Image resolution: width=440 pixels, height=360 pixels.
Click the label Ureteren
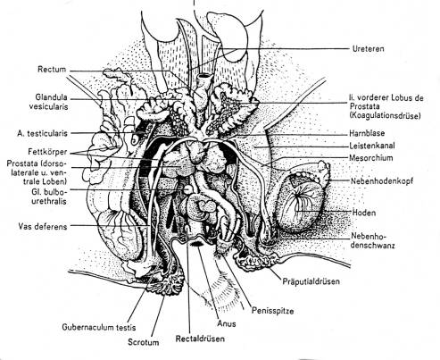point(368,48)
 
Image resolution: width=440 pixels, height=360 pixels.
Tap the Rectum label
point(52,70)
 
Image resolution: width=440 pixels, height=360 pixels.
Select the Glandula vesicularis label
point(48,102)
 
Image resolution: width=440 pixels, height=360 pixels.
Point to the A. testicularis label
point(42,133)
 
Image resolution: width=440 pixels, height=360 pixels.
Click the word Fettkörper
point(47,152)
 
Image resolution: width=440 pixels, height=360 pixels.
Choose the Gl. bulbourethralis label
point(49,197)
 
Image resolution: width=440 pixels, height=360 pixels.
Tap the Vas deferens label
point(43,226)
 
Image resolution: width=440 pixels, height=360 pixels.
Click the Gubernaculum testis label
point(99,327)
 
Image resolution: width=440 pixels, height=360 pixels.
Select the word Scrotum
point(144,342)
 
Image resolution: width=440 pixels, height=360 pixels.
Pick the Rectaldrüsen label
point(200,339)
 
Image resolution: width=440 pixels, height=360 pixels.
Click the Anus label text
point(227,323)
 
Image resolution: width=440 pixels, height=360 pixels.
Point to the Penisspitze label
point(273,311)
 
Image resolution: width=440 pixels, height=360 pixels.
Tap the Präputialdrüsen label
point(311,281)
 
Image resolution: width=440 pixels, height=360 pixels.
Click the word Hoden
point(364,213)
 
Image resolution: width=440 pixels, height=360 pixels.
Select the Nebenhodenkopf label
point(382,180)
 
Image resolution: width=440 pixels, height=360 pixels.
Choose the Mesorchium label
point(371,158)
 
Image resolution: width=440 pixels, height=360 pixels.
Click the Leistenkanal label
point(372,146)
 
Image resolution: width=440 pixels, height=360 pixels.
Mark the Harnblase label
point(367,133)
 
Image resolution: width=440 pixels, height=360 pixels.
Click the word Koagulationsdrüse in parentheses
point(386,115)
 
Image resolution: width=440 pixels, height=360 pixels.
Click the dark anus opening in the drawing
point(196,244)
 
